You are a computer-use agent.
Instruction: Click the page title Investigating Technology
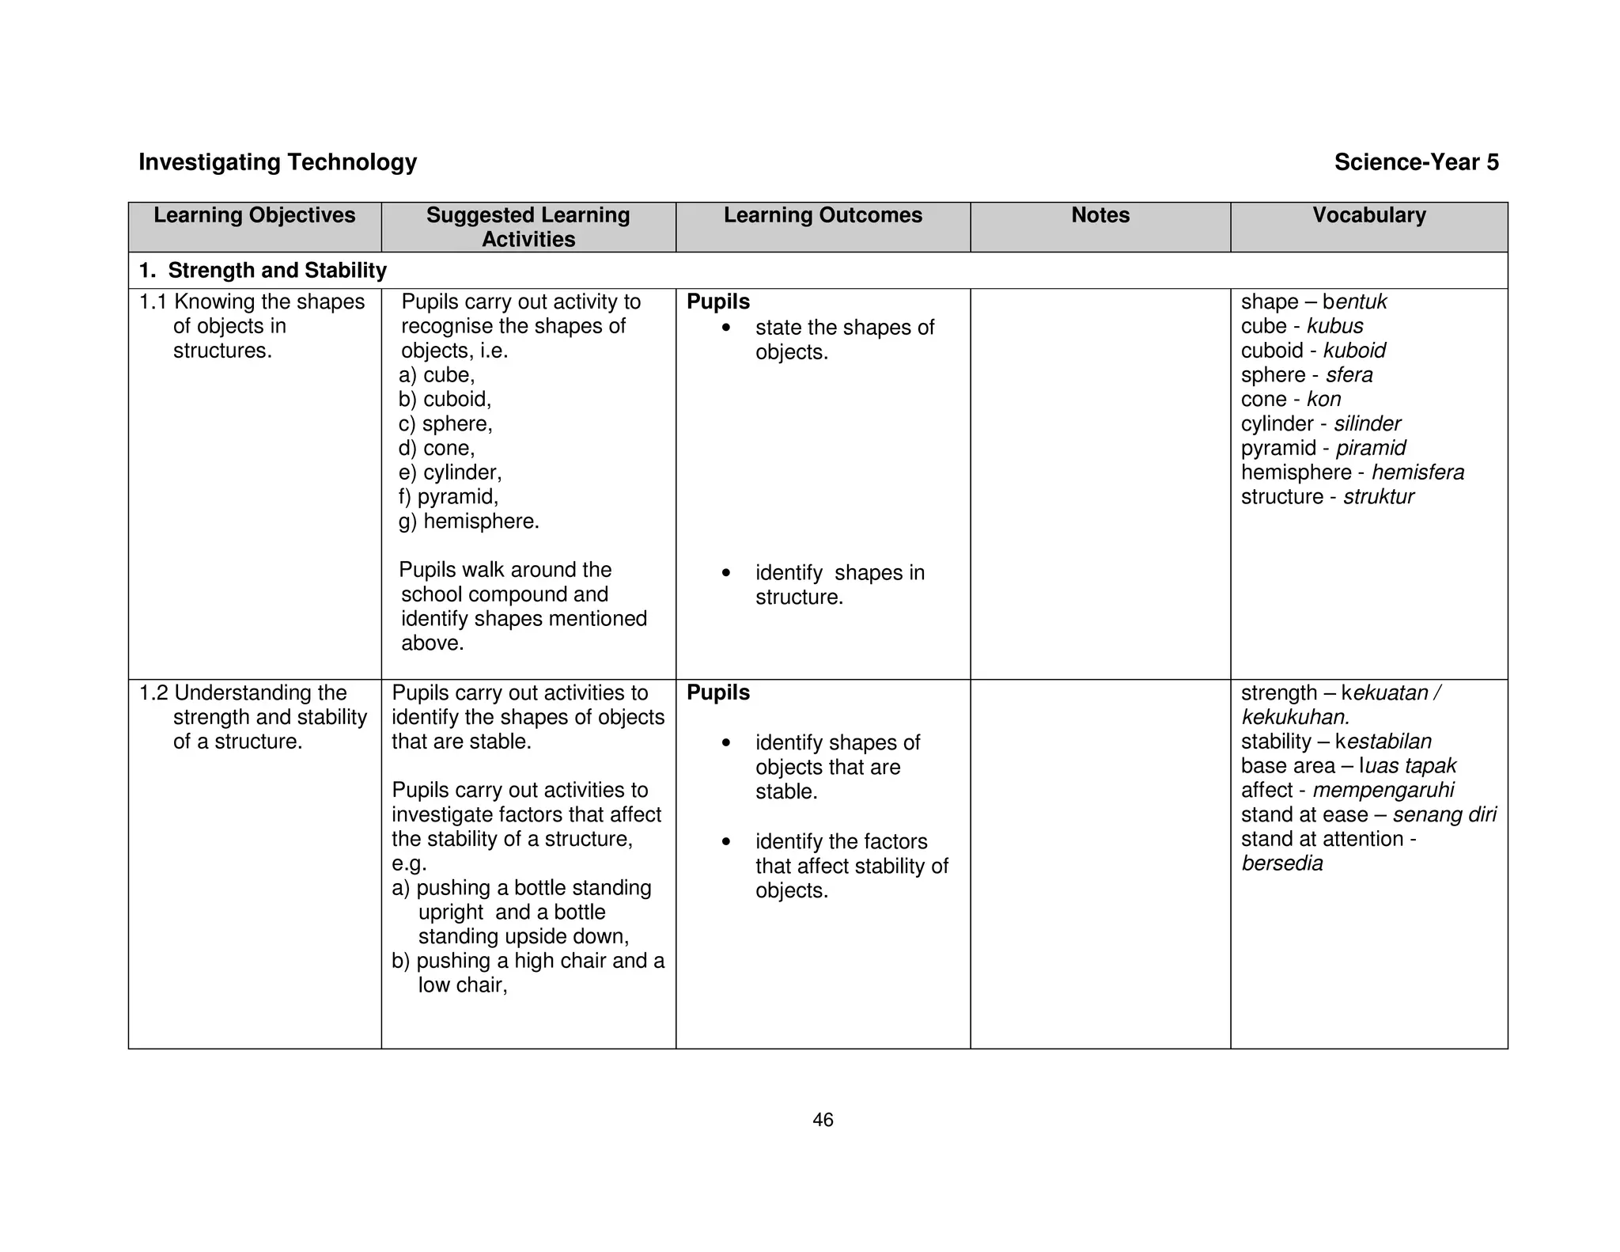click(278, 162)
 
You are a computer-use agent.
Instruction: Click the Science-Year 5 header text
click(1416, 162)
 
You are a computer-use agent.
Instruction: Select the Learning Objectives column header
click(254, 215)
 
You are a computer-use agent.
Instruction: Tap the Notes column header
click(1100, 215)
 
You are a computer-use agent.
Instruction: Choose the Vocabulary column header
click(1368, 215)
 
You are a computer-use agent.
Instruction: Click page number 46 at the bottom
click(823, 1120)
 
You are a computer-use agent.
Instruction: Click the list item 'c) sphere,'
click(445, 424)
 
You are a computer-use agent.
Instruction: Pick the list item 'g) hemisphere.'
click(468, 522)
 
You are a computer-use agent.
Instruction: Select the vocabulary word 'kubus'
click(1334, 326)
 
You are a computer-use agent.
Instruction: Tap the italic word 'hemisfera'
click(1417, 472)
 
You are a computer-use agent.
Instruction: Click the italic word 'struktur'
click(1378, 497)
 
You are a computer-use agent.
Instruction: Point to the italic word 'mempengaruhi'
click(1383, 791)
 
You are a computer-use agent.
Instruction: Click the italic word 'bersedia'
click(1281, 863)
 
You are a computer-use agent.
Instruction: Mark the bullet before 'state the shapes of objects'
click(726, 328)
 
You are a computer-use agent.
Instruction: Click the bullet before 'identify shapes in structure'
click(726, 573)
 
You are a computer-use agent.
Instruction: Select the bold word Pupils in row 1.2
click(717, 692)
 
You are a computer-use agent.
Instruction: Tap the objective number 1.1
click(153, 302)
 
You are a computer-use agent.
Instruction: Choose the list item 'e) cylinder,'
click(450, 472)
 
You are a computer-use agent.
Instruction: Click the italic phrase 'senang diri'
click(1444, 815)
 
